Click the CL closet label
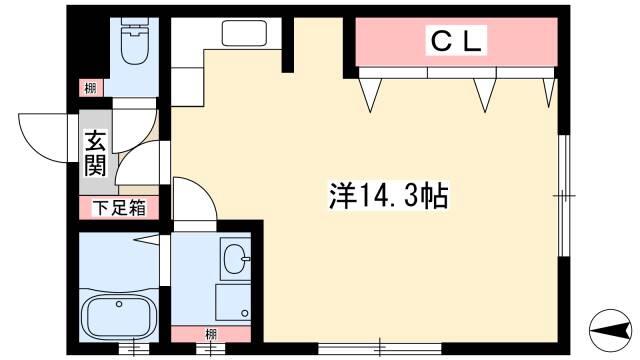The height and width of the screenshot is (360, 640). coord(456,41)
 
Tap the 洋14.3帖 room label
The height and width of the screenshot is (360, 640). coord(389,196)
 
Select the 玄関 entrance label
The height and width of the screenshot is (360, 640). coord(96,153)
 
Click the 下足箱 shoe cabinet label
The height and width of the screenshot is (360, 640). coord(119,208)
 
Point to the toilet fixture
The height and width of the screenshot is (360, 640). coord(134,41)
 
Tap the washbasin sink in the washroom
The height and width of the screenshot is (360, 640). coord(235,259)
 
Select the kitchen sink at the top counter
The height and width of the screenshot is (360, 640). coord(244,33)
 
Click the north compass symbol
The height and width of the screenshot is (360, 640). coord(610,330)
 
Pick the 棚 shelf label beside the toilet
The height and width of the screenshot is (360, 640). coord(90,88)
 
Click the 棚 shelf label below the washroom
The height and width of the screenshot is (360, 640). coord(211,335)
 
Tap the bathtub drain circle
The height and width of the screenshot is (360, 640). coord(119,304)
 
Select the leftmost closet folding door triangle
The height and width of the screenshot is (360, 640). coord(370,95)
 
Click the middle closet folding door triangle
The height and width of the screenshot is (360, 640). coord(484,95)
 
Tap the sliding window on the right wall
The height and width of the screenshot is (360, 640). coord(564,196)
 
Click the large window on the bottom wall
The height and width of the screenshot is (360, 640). coord(380,349)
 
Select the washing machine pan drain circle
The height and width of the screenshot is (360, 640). coord(245,313)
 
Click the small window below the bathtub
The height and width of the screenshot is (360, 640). coord(134,349)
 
